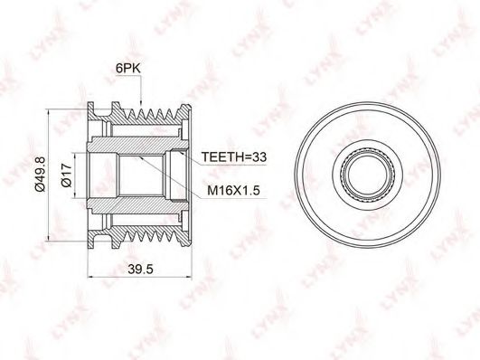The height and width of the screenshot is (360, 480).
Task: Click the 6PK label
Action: [128, 69]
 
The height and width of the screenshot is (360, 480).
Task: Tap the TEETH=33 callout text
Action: [234, 156]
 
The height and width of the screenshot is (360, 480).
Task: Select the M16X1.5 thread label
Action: [233, 191]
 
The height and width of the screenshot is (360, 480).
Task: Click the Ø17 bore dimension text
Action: [66, 175]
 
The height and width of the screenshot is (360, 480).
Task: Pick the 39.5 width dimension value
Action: [140, 269]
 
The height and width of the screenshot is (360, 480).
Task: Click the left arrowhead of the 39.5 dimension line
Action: [91, 278]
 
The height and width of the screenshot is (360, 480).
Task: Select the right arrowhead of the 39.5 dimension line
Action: [188, 278]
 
